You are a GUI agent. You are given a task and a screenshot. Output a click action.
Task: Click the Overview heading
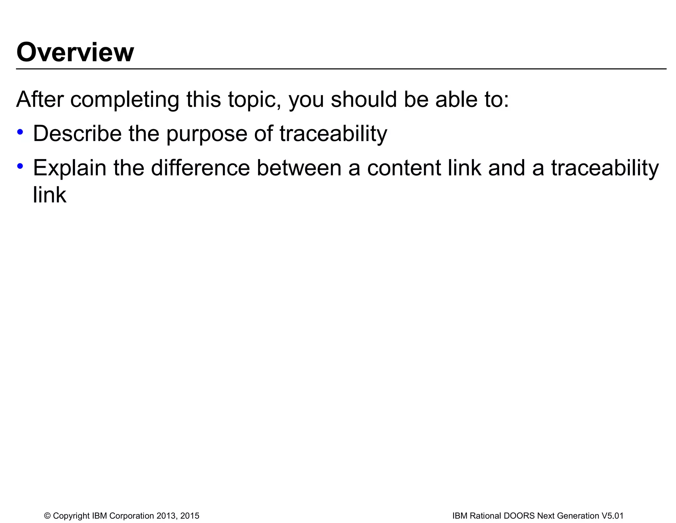75,52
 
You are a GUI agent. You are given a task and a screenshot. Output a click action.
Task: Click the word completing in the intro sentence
124,99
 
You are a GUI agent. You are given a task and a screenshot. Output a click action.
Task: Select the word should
363,99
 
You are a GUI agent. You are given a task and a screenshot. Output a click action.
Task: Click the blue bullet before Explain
20,166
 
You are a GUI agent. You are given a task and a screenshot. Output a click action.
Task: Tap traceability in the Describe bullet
333,134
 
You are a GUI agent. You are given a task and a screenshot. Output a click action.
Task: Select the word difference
200,168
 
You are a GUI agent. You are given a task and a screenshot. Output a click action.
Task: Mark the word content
404,168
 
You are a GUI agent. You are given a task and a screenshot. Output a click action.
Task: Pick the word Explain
69,168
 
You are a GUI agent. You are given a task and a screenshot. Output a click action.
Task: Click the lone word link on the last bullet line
50,195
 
